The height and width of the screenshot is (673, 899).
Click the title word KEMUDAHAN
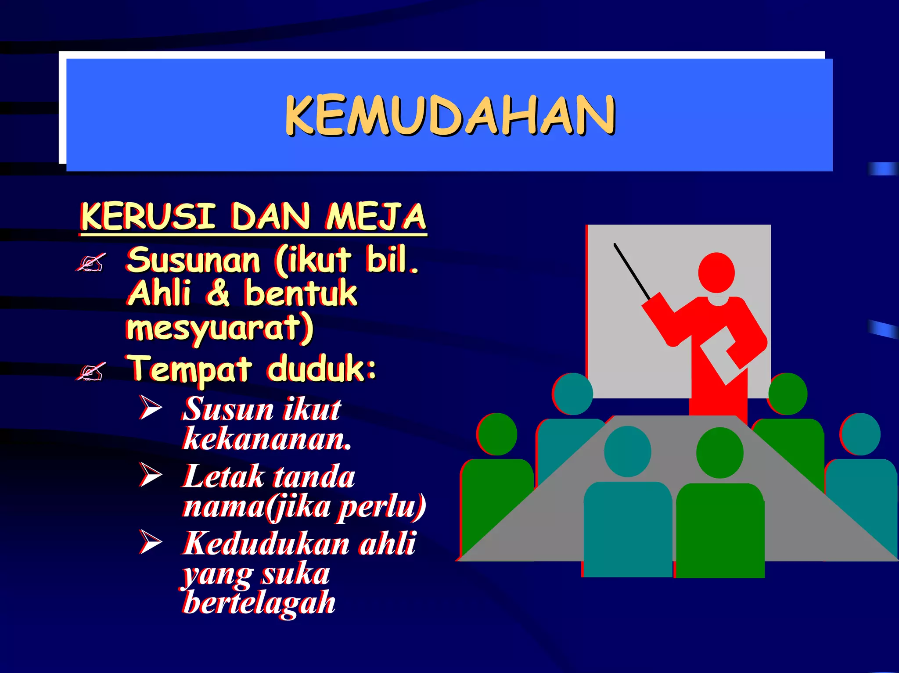[450, 115]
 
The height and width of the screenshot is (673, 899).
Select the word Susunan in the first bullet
[194, 260]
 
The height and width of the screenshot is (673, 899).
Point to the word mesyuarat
[219, 328]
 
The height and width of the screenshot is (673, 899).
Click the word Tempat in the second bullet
[190, 369]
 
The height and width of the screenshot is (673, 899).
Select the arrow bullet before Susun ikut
[151, 407]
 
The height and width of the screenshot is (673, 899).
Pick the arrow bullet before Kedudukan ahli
[151, 541]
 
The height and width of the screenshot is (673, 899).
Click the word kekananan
[267, 438]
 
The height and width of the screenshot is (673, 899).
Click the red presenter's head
[716, 272]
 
